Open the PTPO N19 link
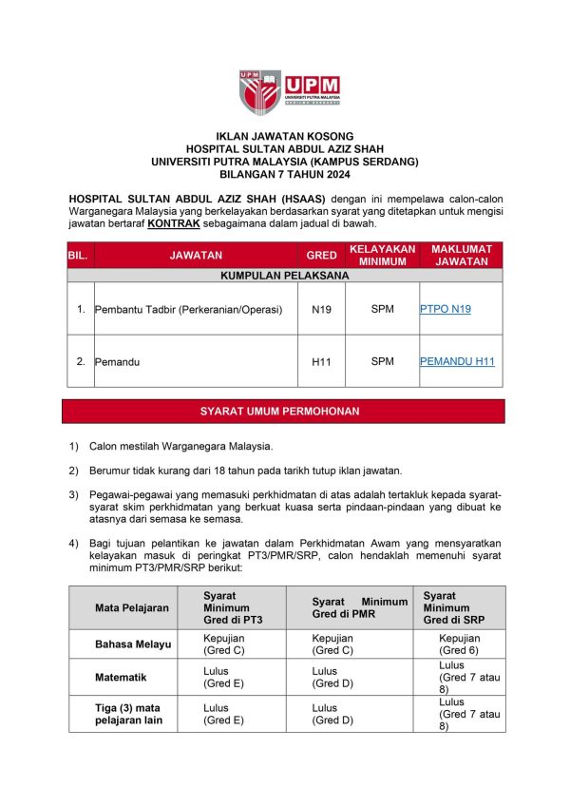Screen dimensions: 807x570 (445, 309)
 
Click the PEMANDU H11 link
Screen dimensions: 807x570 (457, 361)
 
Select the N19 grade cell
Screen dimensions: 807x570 (322, 309)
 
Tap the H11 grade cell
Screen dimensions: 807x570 (322, 361)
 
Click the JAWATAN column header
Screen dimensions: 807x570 (196, 255)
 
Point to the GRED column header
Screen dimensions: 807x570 (322, 255)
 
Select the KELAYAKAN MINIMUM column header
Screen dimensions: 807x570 (382, 255)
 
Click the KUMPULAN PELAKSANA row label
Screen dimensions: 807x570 (285, 276)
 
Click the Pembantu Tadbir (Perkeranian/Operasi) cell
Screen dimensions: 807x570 (189, 309)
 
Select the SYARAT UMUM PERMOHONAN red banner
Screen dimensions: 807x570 (285, 412)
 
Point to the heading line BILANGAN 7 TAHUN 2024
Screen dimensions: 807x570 (285, 175)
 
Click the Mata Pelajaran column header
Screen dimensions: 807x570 (132, 607)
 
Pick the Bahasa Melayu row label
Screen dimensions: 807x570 (133, 644)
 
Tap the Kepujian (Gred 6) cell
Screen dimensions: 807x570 (460, 644)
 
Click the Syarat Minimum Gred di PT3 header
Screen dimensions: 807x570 (232, 607)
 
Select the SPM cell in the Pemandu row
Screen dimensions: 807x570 (382, 361)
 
